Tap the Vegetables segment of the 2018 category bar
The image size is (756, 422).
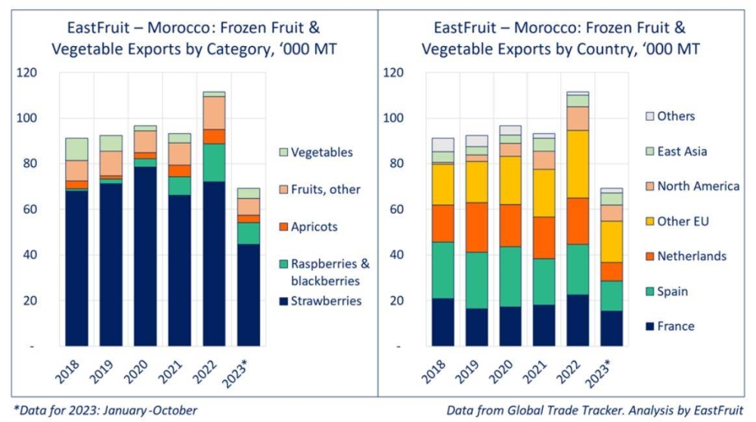76,149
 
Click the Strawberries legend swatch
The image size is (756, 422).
284,301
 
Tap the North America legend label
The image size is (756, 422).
698,186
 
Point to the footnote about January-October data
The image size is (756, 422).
105,410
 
